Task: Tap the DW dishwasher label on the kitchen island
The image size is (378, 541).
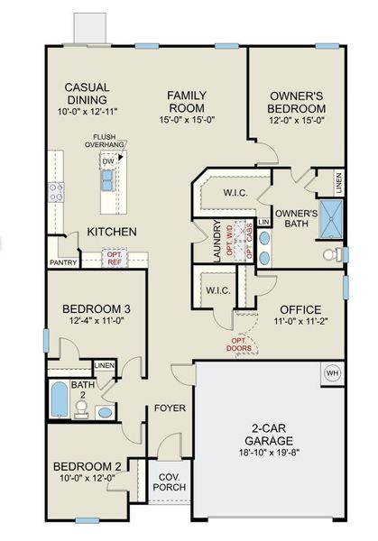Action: tap(108, 161)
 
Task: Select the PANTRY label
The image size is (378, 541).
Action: tap(63, 263)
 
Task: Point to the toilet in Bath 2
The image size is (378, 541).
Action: tap(81, 410)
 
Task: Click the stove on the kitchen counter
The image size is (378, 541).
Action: tap(56, 190)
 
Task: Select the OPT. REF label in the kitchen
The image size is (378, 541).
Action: tap(115, 259)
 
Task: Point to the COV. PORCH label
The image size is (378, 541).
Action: tap(171, 481)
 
